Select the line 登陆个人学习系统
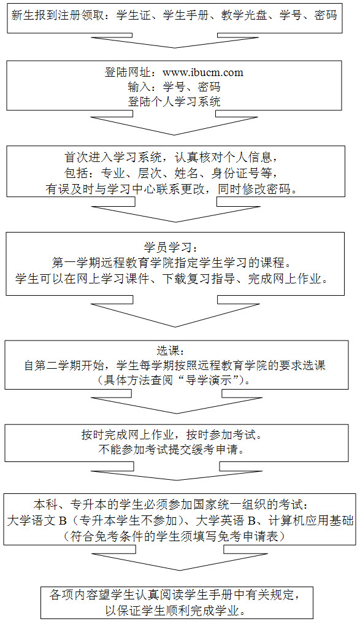174,101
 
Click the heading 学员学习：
174,248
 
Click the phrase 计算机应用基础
311,520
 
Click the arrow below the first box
174,44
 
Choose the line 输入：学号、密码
174,87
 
